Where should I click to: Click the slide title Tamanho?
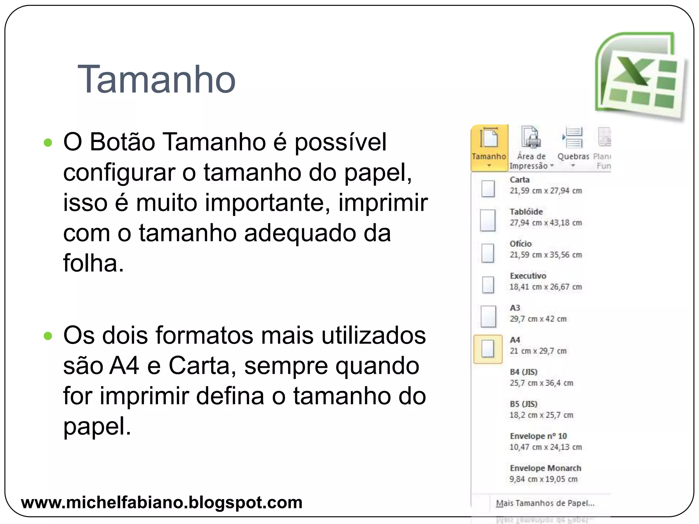pos(156,79)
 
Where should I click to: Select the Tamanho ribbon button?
pos(489,147)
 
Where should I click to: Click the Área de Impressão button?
pos(531,147)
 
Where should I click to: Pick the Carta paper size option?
pos(519,180)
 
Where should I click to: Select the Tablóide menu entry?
pos(526,212)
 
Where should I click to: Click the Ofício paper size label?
pos(520,244)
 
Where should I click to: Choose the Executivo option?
pos(528,276)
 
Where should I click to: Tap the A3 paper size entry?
pos(515,308)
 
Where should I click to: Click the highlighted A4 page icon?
pos(488,349)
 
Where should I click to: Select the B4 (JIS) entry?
pos(524,372)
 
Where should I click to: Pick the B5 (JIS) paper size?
pos(524,404)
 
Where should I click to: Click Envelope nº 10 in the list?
pos(538,436)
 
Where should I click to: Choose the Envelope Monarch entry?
pos(545,468)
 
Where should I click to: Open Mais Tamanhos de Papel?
pos(545,503)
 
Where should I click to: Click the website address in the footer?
pos(161,503)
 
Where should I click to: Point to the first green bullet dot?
pos(48,142)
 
